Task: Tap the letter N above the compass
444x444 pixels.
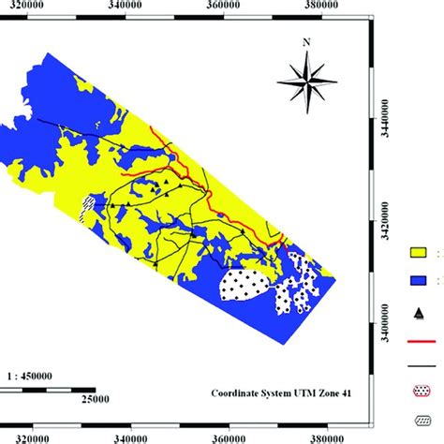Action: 305,42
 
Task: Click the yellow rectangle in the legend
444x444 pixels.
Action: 419,251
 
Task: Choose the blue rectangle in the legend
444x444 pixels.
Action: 419,278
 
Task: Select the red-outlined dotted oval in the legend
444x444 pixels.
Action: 419,396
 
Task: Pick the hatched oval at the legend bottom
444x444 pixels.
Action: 419,423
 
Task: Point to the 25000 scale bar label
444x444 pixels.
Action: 93,400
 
